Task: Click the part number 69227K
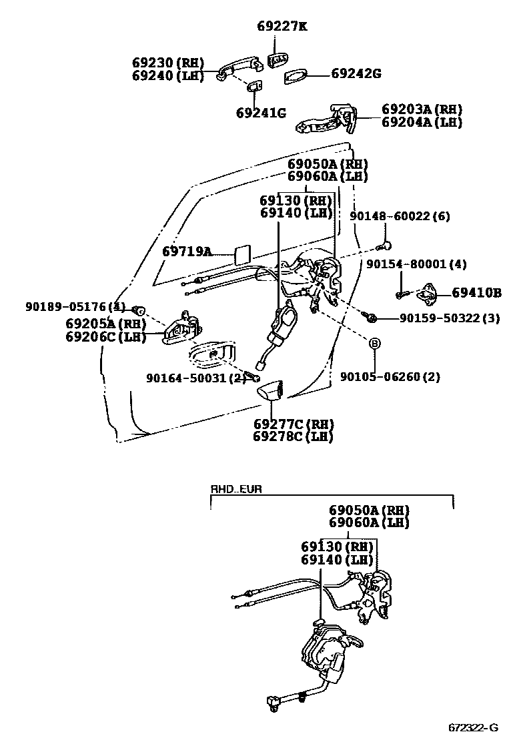(x=282, y=27)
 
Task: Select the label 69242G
(x=356, y=73)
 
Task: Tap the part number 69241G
(x=261, y=113)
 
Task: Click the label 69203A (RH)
(x=422, y=109)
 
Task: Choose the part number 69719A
(x=187, y=252)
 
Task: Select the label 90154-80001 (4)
(x=416, y=264)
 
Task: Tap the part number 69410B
(x=476, y=292)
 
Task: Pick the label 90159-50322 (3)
(x=449, y=318)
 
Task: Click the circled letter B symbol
(x=375, y=343)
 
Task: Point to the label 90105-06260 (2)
(x=390, y=377)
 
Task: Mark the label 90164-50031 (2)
(x=195, y=378)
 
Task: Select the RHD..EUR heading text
(x=236, y=488)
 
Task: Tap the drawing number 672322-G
(x=473, y=727)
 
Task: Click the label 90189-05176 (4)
(x=75, y=307)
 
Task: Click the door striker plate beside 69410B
(x=430, y=293)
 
